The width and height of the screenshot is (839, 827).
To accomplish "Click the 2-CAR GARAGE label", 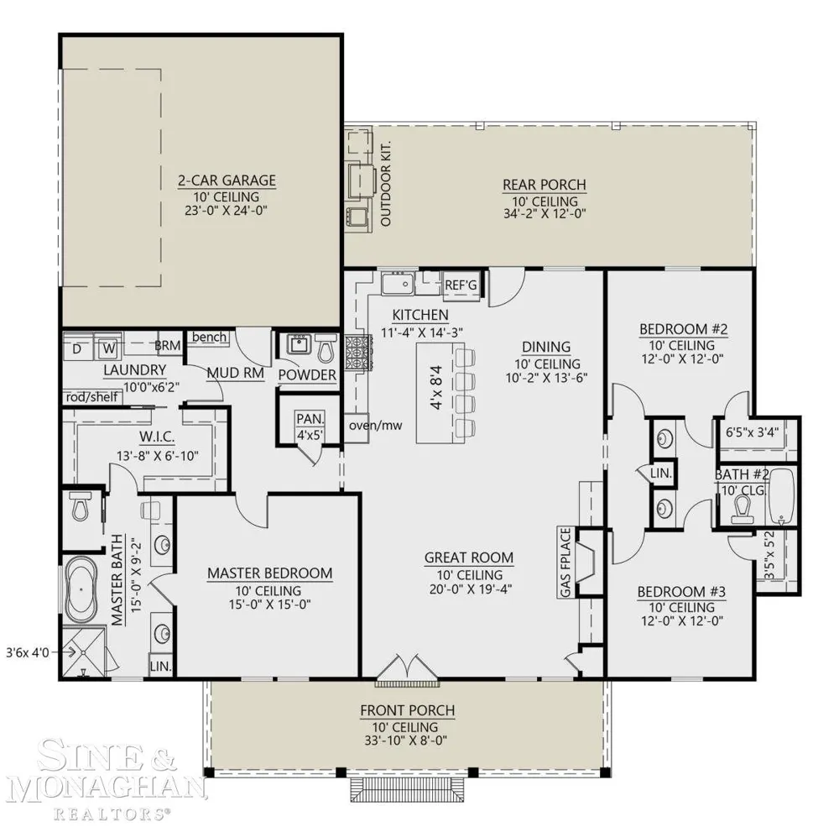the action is [x=227, y=181].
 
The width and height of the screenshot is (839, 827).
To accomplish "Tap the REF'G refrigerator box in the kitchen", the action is [x=461, y=285].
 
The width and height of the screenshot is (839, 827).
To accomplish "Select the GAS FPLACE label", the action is [x=565, y=563].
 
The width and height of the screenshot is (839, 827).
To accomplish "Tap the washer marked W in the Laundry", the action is [x=109, y=348].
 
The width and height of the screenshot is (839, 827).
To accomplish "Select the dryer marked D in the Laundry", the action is [x=77, y=348].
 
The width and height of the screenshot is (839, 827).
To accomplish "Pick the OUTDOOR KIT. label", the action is [x=386, y=184].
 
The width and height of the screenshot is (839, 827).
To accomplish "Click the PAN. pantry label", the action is [x=310, y=420].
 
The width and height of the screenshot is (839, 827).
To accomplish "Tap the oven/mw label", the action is [x=376, y=426].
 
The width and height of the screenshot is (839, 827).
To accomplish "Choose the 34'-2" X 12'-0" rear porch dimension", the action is [x=545, y=214].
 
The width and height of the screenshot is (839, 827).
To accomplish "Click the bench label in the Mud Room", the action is [x=209, y=337].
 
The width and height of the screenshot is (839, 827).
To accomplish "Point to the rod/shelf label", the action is [x=91, y=397].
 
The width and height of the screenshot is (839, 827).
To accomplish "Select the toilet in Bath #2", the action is [x=743, y=508].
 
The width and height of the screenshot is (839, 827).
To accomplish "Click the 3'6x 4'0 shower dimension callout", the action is [x=28, y=652].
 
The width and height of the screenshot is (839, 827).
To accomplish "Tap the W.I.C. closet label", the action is [x=158, y=437].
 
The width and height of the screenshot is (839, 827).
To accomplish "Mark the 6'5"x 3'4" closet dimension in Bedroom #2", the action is [x=752, y=432].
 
